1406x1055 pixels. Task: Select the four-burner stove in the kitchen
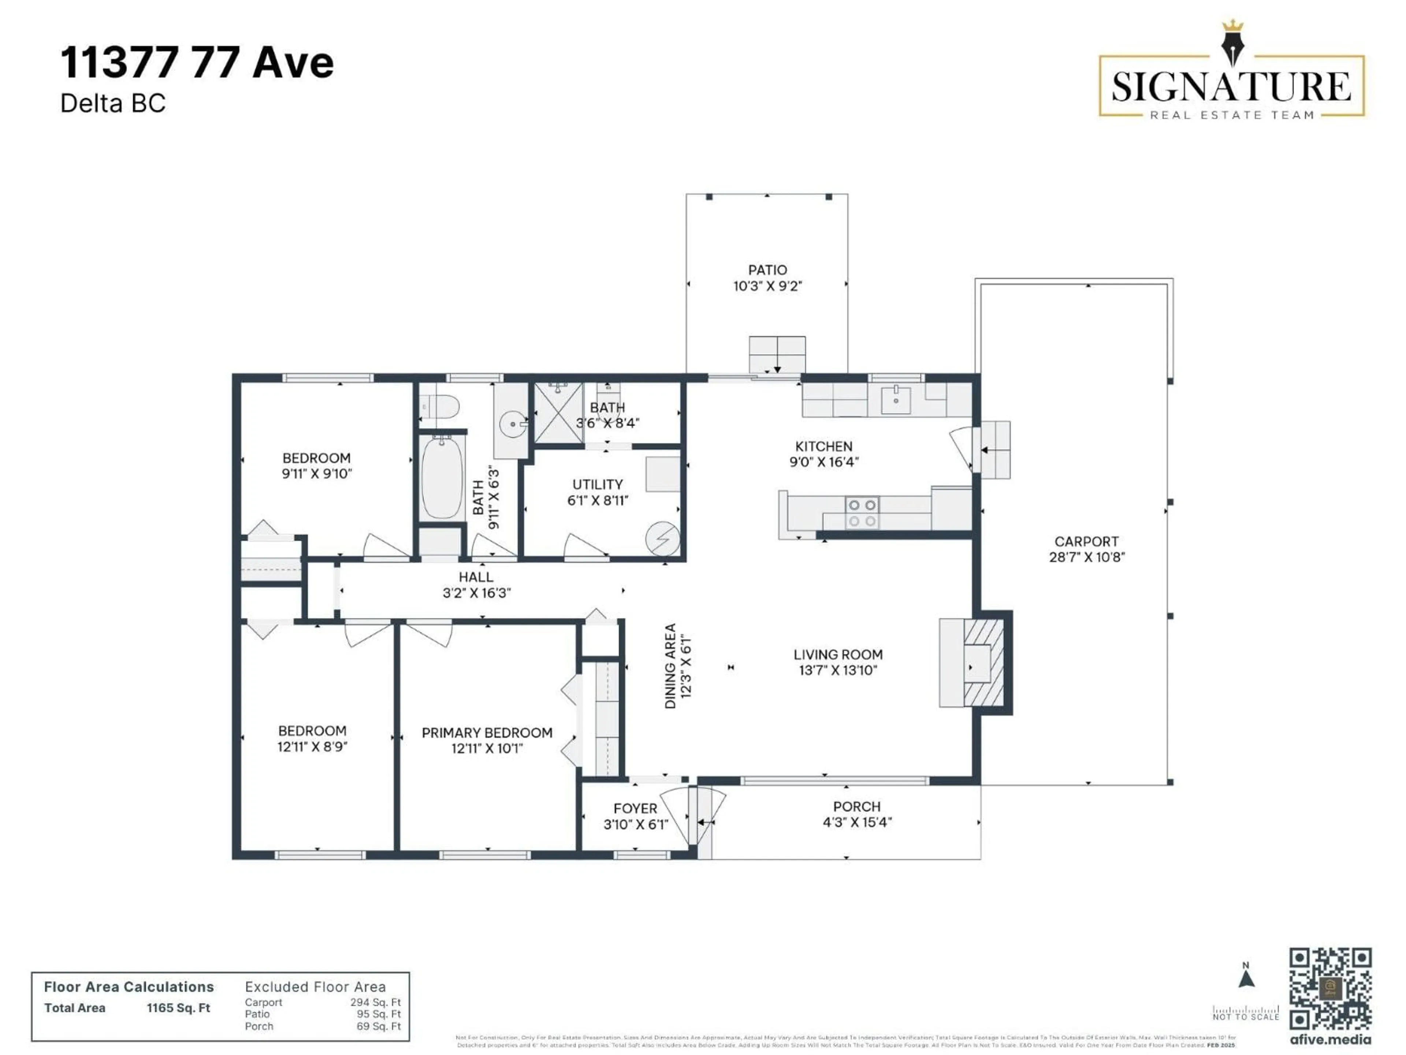tap(862, 512)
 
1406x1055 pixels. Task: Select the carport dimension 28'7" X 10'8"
tap(1087, 557)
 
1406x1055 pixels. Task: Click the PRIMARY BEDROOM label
tap(487, 733)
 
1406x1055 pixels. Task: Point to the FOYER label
tap(635, 808)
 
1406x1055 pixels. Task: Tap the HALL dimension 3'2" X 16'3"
tap(477, 593)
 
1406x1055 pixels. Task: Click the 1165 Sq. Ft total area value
tap(179, 1008)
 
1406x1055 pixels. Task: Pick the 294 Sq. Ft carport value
tap(376, 1002)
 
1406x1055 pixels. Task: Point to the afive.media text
tap(1330, 1040)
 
